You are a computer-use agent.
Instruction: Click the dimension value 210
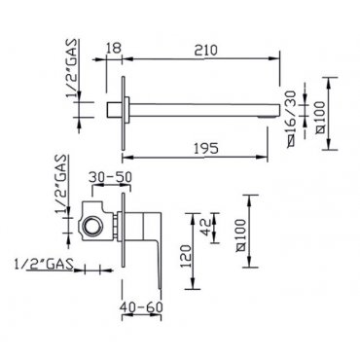[x=206, y=50]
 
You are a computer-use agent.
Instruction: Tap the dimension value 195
[x=206, y=149]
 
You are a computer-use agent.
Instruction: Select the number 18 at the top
[x=114, y=48]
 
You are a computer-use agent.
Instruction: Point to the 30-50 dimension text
[x=110, y=177]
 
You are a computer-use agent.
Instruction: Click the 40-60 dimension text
[x=141, y=306]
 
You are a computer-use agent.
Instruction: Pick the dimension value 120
[x=186, y=256]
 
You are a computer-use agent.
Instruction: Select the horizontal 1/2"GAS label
[x=44, y=265]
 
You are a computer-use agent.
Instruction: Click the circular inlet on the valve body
[x=91, y=226]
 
